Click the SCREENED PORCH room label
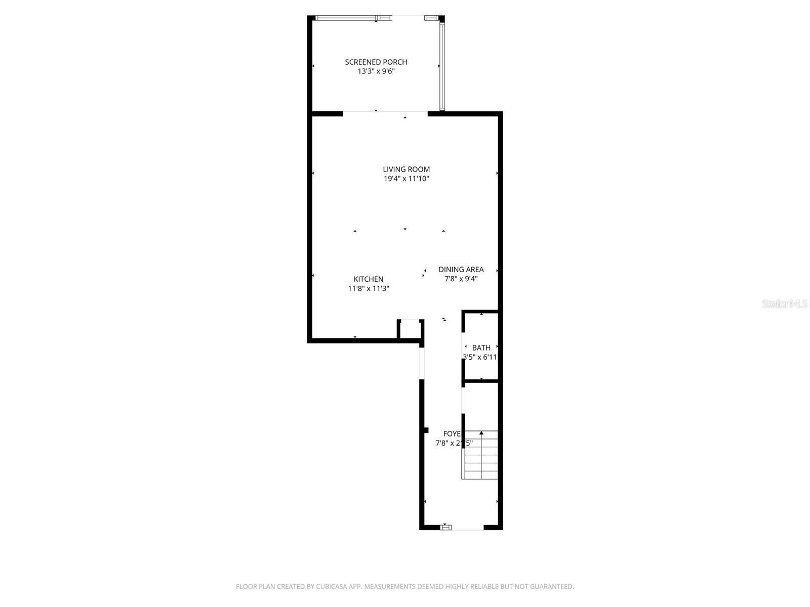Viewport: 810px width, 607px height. [376, 62]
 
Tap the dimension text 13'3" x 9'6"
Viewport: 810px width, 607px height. [376, 71]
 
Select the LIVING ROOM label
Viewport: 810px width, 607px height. [406, 169]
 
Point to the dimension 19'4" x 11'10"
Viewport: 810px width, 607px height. [406, 179]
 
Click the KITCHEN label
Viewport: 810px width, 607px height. [368, 279]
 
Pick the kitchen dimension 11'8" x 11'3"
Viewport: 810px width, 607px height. [368, 288]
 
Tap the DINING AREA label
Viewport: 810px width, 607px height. [461, 269]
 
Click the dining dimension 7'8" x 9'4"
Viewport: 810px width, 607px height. [461, 279]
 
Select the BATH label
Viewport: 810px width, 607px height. [481, 348]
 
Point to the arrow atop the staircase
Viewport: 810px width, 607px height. [481, 433]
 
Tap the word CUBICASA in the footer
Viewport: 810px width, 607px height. [332, 587]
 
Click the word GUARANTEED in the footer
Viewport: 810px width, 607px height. [554, 587]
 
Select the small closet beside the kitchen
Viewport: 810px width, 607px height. [410, 330]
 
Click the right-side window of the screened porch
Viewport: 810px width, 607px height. [441, 67]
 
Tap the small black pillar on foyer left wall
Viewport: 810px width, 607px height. [426, 430]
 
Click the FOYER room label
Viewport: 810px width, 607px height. [452, 433]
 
